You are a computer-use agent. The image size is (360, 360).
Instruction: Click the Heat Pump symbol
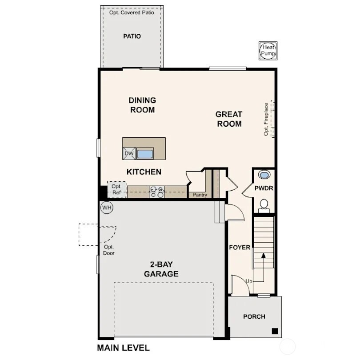pyautogui.click(x=268, y=50)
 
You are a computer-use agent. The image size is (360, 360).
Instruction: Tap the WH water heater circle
pyautogui.click(x=107, y=207)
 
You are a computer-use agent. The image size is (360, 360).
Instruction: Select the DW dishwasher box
pyautogui.click(x=129, y=154)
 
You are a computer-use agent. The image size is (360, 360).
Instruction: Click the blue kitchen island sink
pyautogui.click(x=145, y=154)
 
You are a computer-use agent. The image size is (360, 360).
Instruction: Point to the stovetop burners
pyautogui.click(x=156, y=192)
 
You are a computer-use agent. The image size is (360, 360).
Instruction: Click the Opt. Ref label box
pyautogui.click(x=116, y=189)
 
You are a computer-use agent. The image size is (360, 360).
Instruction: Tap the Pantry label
pyautogui.click(x=200, y=195)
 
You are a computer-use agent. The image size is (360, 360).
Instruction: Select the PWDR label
pyautogui.click(x=264, y=188)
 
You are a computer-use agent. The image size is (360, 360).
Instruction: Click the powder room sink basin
pyautogui.click(x=264, y=175)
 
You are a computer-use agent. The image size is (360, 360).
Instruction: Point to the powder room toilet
pyautogui.click(x=264, y=204)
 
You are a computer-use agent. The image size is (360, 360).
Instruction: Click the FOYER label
pyautogui.click(x=240, y=248)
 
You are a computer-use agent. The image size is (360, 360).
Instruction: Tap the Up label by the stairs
pyautogui.click(x=249, y=281)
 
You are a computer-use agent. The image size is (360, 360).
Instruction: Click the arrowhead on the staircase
pyautogui.click(x=264, y=256)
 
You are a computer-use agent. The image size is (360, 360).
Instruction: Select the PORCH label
pyautogui.click(x=254, y=316)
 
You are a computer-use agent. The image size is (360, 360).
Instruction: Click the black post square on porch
pyautogui.click(x=275, y=331)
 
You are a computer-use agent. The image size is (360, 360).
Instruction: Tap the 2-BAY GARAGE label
pyautogui.click(x=161, y=269)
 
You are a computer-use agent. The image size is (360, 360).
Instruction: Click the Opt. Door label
pyautogui.click(x=109, y=250)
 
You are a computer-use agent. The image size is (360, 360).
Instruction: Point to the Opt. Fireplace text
pyautogui.click(x=266, y=119)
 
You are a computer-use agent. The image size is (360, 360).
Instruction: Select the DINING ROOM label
pyautogui.click(x=142, y=105)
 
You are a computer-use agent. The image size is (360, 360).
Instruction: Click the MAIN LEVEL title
pyautogui.click(x=123, y=348)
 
